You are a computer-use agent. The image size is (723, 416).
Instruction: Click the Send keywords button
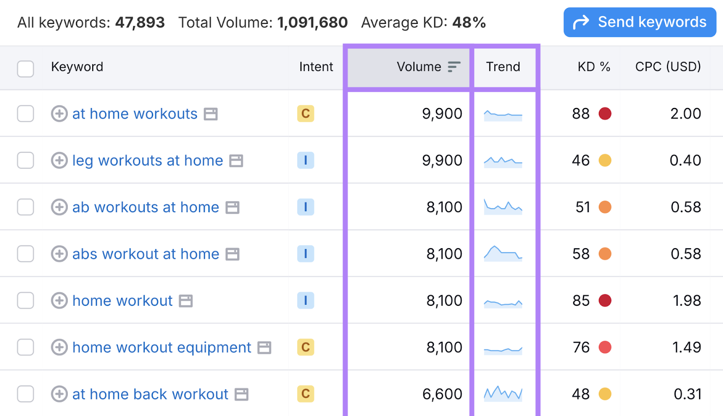(x=639, y=22)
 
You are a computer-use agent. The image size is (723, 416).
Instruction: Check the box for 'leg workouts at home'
(x=25, y=161)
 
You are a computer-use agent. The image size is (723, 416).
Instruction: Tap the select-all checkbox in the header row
(x=25, y=69)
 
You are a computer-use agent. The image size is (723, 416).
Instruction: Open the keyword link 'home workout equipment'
(x=161, y=347)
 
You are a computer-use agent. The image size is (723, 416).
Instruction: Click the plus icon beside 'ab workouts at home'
(x=59, y=207)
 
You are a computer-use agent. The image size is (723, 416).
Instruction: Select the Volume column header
(x=418, y=67)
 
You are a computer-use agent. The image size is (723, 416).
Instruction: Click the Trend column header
(x=503, y=67)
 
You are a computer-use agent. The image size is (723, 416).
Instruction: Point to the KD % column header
(x=594, y=67)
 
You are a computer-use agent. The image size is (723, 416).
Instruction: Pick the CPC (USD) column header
(x=668, y=67)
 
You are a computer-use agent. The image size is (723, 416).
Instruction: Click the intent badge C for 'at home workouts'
(x=305, y=113)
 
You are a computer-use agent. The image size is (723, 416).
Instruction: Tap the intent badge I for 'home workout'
(x=305, y=300)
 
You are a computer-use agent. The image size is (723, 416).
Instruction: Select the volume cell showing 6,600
(x=442, y=394)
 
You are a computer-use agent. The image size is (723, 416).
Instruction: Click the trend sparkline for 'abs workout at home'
(x=503, y=254)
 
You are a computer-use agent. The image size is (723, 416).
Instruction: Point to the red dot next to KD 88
(x=605, y=113)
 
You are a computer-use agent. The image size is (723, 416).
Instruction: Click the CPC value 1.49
(x=686, y=347)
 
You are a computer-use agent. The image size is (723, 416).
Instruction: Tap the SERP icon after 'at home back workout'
(x=242, y=394)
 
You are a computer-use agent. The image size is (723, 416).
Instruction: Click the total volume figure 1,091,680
(x=312, y=23)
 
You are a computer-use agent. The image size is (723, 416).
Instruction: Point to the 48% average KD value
(x=469, y=23)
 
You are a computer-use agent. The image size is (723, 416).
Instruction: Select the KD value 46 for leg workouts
(x=581, y=161)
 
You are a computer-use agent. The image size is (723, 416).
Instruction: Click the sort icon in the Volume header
(x=454, y=67)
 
